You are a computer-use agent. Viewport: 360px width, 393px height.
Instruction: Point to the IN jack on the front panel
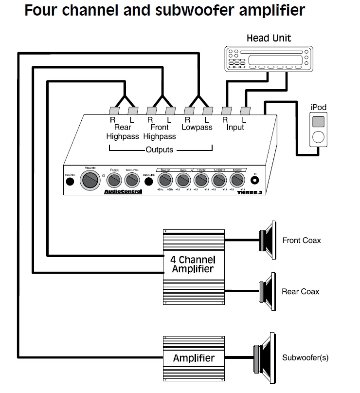coord(254,180)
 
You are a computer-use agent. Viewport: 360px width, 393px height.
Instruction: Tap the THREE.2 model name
coord(247,191)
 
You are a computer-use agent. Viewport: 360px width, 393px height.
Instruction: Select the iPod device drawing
coord(318,129)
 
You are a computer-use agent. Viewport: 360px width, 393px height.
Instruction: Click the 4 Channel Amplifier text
coord(193,264)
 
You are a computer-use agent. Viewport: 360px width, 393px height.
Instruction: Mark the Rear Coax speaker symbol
coord(267,291)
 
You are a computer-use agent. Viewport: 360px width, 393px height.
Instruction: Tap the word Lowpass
coord(197,128)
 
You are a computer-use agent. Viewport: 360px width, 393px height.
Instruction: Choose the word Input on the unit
coord(235,128)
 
